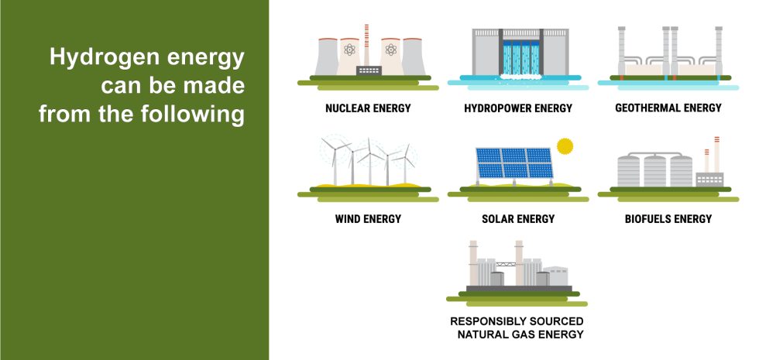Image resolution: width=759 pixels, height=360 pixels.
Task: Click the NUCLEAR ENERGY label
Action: click(368, 108)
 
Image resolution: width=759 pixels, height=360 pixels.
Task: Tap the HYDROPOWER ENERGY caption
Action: click(518, 108)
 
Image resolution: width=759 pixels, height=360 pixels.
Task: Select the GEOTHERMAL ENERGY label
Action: click(668, 108)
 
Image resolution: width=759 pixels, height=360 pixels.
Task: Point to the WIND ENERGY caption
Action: click(368, 219)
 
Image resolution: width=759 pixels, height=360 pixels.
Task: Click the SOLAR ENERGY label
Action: click(518, 219)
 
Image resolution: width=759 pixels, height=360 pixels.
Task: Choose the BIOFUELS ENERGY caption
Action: click(668, 219)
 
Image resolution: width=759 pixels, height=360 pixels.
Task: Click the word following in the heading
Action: click(200, 115)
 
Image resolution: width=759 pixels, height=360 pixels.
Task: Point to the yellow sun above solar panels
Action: click(565, 145)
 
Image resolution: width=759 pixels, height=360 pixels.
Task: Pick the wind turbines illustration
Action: click(368, 163)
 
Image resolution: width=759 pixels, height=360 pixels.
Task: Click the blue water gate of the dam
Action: click(518, 57)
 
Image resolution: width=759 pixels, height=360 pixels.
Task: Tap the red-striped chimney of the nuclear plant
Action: click(365, 43)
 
